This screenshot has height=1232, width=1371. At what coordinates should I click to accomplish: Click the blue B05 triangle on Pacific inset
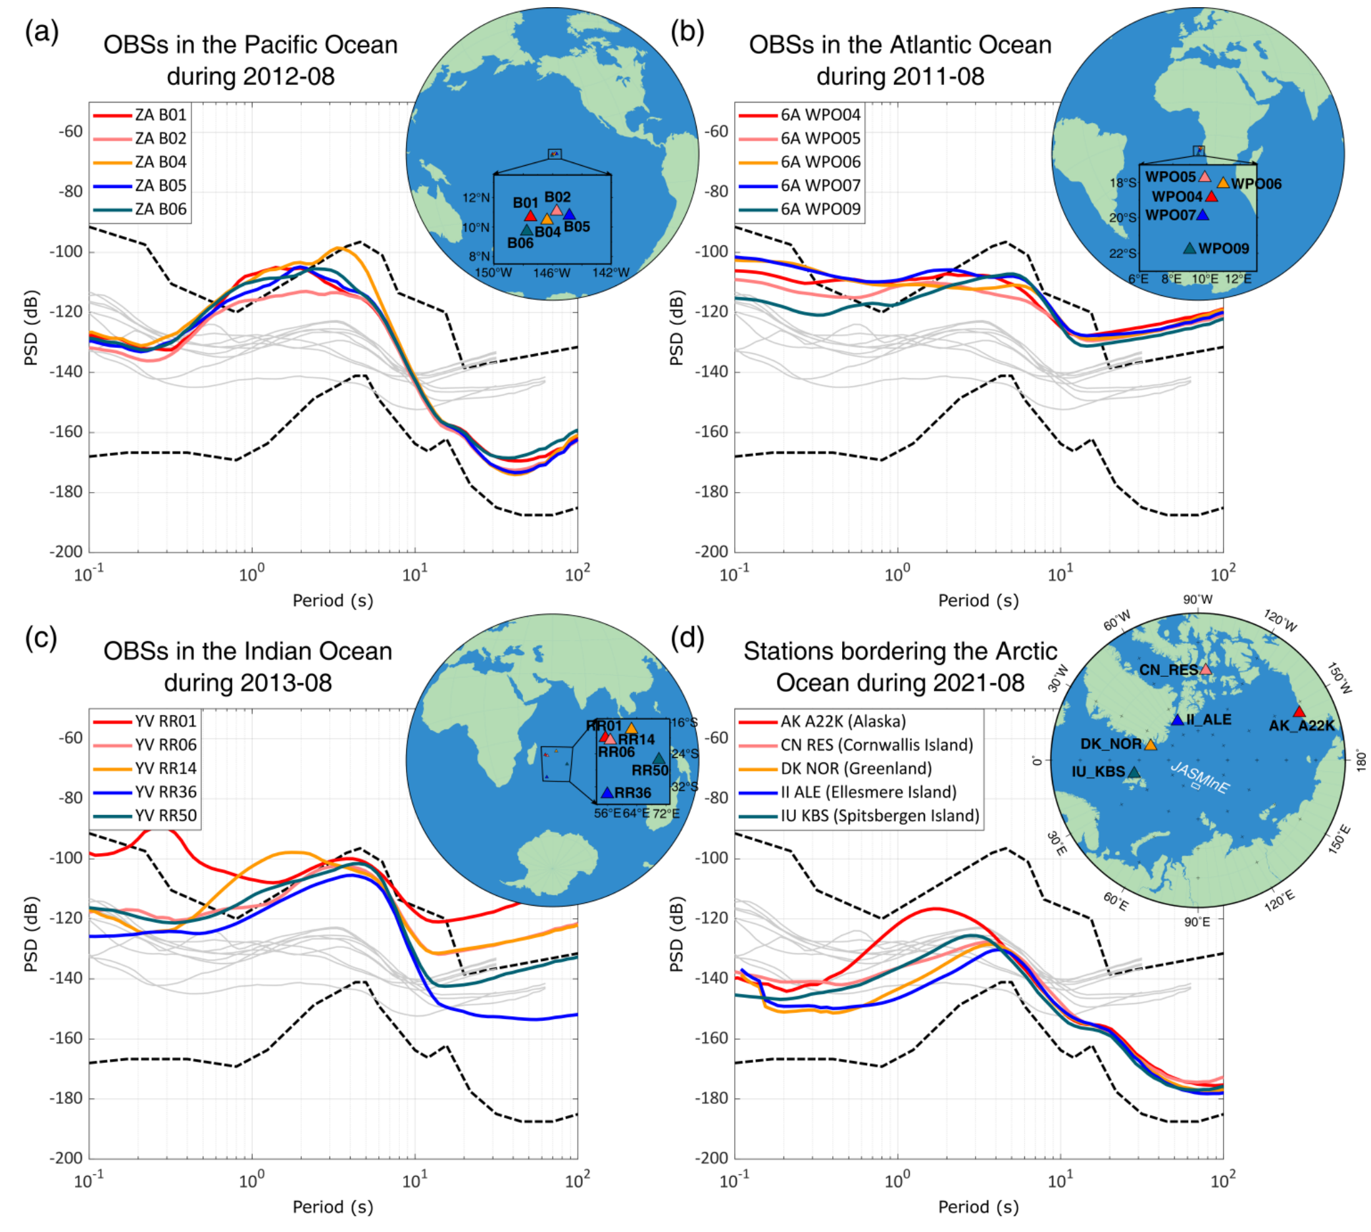click(570, 214)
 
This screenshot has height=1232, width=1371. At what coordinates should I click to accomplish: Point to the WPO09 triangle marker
click(1189, 249)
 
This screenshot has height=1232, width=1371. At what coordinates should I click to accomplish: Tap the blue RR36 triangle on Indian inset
click(607, 793)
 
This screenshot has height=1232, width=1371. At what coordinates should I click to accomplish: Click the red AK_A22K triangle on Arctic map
click(1299, 712)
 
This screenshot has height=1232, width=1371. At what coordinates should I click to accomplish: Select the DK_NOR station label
click(1111, 744)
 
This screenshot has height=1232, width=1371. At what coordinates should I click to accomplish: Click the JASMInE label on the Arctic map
click(1199, 778)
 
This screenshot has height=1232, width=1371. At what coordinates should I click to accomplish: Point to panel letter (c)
click(41, 637)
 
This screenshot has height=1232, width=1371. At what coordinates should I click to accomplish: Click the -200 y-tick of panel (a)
click(66, 552)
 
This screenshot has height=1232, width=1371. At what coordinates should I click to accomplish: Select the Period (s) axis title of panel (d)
click(978, 1207)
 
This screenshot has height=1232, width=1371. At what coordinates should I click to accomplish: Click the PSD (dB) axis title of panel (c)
click(31, 934)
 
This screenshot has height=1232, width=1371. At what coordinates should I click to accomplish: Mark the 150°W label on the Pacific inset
click(493, 273)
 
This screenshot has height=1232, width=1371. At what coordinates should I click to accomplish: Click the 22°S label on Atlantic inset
click(1122, 254)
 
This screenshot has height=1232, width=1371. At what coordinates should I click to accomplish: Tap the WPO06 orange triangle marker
click(1223, 183)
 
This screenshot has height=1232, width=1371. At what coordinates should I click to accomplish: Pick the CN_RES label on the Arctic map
click(1168, 670)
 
